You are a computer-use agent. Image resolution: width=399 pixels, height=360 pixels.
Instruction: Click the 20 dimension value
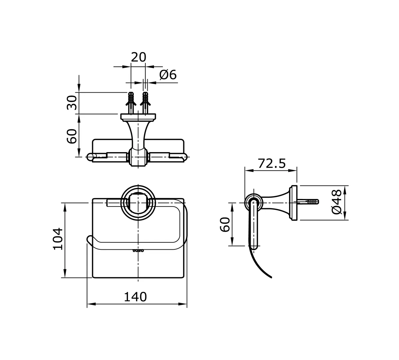(x=138, y=57)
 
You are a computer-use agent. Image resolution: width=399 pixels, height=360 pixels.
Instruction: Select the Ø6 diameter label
(x=168, y=75)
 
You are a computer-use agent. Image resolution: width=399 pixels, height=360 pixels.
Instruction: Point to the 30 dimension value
(x=72, y=102)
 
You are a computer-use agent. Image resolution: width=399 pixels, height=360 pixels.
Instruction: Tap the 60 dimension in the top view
(x=72, y=136)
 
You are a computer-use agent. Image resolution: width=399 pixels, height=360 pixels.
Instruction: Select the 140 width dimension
(x=135, y=297)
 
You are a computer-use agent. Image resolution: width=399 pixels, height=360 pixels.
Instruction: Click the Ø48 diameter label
(x=336, y=202)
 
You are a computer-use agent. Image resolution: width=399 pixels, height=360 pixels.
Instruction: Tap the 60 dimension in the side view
(x=225, y=225)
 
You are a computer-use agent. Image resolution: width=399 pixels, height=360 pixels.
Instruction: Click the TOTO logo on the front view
(x=138, y=250)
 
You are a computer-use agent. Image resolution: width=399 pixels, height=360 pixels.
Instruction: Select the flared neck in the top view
(x=138, y=133)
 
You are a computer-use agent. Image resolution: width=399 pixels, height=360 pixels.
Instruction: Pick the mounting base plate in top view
(x=138, y=117)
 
